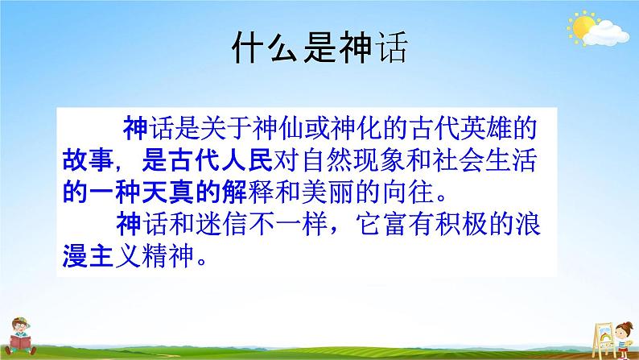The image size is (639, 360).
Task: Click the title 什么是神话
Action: [319, 51]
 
